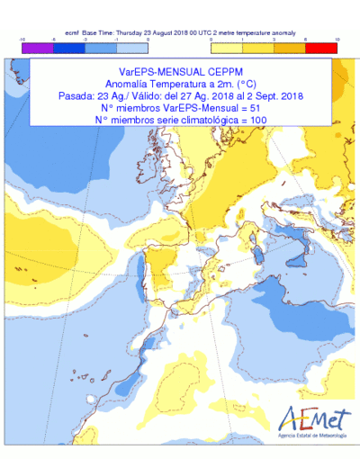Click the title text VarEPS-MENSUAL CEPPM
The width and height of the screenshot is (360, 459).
tap(184, 68)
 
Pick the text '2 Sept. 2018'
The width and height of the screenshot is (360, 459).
tap(273, 94)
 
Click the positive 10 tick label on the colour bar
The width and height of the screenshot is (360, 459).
tap(337, 40)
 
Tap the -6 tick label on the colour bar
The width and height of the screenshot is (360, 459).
tap(54, 40)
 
